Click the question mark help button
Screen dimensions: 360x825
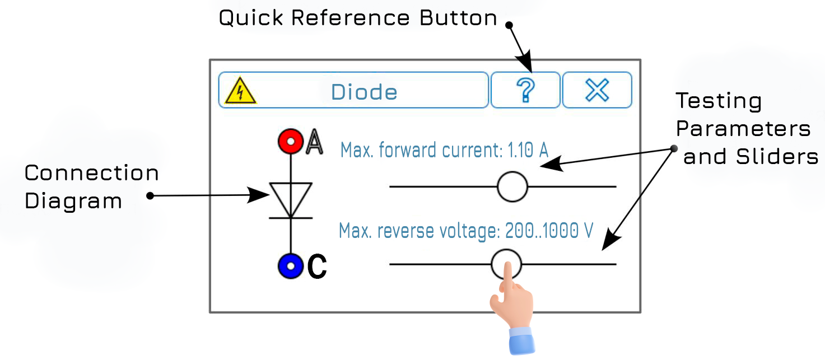(x=525, y=90)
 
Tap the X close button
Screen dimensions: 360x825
(x=597, y=90)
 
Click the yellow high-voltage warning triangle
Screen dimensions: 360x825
(x=240, y=91)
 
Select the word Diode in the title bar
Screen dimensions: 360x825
(x=364, y=92)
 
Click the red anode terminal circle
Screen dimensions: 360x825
(x=290, y=142)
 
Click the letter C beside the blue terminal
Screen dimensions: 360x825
(x=317, y=268)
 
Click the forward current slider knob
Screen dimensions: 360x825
(x=512, y=186)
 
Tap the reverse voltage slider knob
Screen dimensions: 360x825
(x=506, y=263)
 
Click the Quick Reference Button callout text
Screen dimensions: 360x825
(x=358, y=18)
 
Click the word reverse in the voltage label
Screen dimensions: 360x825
(x=405, y=231)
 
